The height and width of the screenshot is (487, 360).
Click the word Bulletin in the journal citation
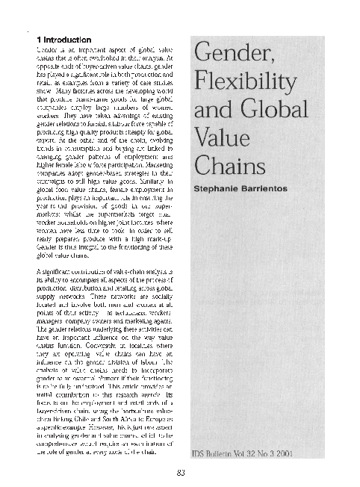click(x=227, y=453)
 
